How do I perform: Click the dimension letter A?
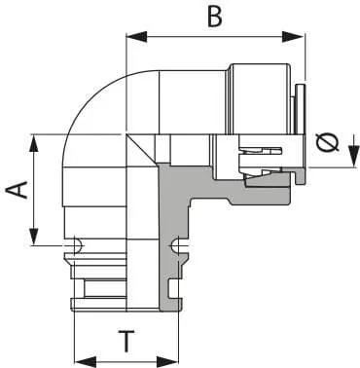18,190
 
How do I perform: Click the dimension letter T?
126,342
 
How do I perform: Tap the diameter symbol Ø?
328,143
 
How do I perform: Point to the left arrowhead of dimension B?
136,37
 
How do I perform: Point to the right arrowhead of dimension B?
293,37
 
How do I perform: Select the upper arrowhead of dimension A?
34,143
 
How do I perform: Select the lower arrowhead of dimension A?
34,237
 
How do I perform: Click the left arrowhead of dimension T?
86,361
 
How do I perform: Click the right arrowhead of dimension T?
168,361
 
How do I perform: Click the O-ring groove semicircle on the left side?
78,246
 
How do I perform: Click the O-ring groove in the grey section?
174,246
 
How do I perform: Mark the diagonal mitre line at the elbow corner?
142,150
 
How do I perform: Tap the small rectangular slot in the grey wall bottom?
172,288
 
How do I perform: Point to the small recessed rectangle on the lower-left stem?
105,288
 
